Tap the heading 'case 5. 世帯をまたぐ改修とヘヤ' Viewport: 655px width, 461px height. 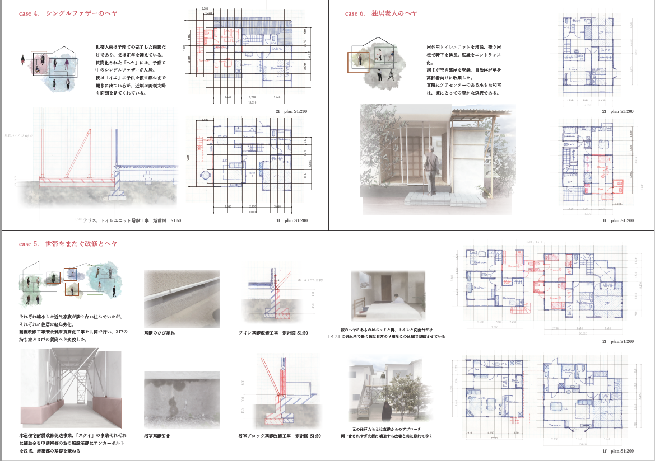68,244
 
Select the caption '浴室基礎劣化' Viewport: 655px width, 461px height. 157,435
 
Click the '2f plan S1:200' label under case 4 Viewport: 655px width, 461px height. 291,111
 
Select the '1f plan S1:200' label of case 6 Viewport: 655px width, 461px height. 618,220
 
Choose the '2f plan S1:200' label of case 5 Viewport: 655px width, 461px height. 618,341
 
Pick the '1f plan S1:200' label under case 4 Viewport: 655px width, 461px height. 291,220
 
